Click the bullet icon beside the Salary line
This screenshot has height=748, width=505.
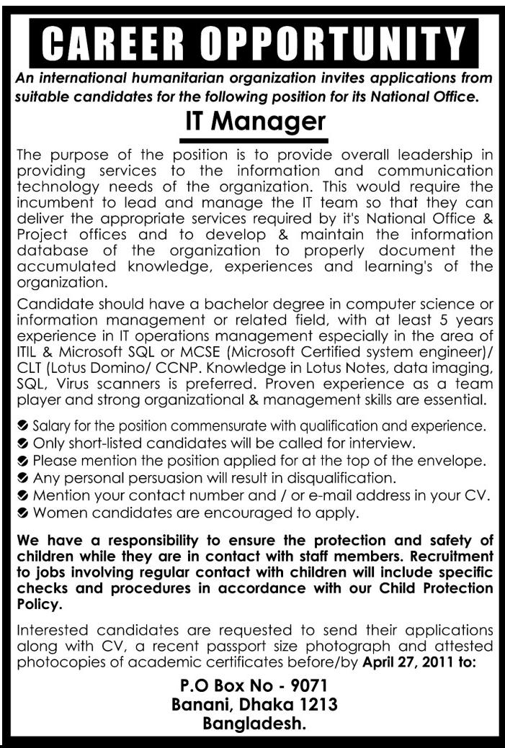24,425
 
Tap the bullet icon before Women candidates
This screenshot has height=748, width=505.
24,513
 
